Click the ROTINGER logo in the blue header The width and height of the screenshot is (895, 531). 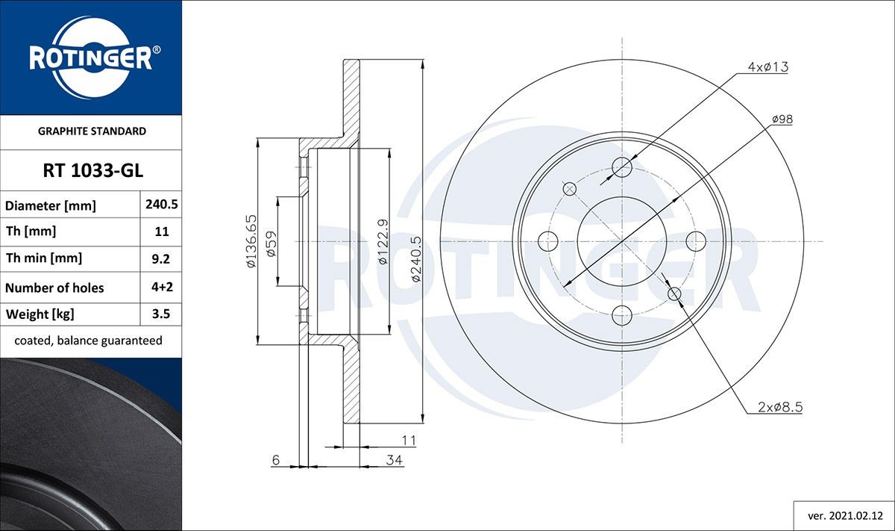(90, 58)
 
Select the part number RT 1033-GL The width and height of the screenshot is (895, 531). (90, 171)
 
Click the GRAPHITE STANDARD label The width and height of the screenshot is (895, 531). (91, 131)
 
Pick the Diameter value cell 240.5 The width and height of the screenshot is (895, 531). (161, 204)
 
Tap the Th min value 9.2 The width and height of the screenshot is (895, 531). (161, 258)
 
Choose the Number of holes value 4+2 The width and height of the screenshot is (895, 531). (161, 287)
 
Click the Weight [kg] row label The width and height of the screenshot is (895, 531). (40, 314)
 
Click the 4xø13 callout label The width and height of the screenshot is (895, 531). (767, 67)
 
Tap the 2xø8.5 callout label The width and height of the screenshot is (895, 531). (779, 407)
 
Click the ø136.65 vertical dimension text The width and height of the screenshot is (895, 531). (252, 241)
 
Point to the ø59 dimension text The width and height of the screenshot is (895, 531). (271, 243)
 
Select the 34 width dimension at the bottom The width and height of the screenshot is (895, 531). (395, 460)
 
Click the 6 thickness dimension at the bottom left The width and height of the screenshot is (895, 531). (275, 460)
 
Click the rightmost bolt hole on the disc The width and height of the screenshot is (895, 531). (695, 240)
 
